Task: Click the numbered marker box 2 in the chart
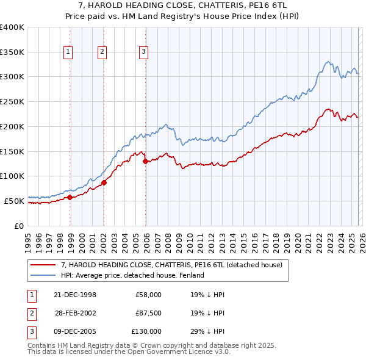(102, 52)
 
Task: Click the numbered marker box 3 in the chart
(143, 52)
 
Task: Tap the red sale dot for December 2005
(146, 162)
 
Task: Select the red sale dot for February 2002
(104, 182)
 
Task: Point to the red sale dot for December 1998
(70, 197)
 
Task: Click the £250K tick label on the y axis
(12, 102)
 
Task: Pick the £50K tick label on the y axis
(14, 201)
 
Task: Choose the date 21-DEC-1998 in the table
(75, 295)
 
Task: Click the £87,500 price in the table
(149, 313)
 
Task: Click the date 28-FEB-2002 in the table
(75, 313)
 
